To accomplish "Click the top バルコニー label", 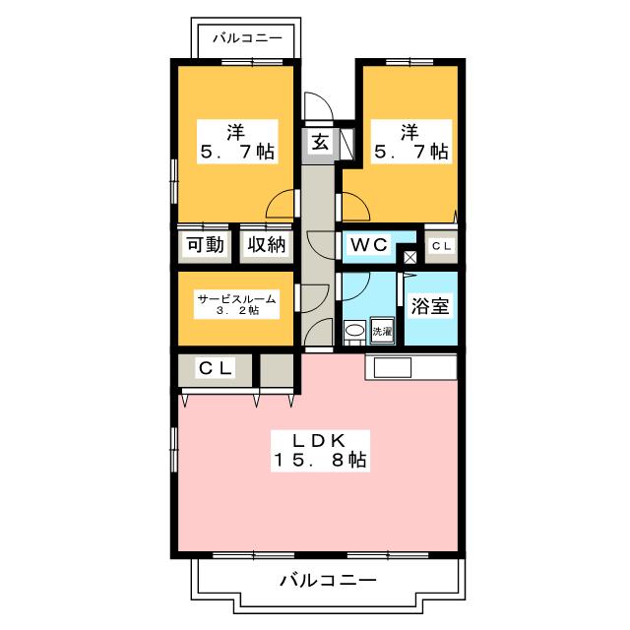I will pos(248,38).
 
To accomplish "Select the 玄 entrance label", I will pos(321,142).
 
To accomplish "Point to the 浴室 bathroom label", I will pos(430,306).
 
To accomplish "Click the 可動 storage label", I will pos(205,245).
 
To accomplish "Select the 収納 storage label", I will pos(266,245).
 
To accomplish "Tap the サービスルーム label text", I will pos(235,298).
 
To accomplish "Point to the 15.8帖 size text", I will pos(320,460).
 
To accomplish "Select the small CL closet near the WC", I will pos(440,245).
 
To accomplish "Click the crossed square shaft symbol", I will pos(409,258).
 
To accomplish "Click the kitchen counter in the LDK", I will pos(410,367).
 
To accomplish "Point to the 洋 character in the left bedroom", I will pos(236,130).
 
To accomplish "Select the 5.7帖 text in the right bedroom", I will pos(410,153).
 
